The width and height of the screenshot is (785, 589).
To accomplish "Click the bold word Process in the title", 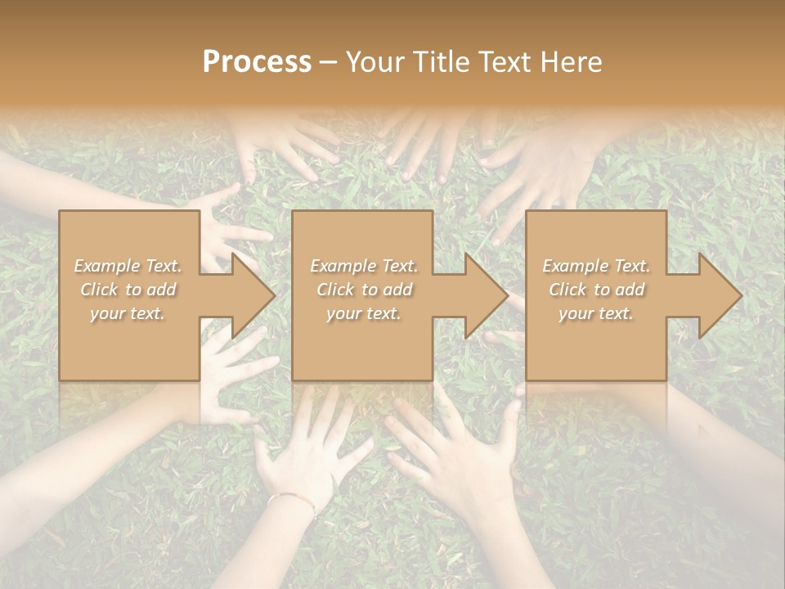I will [257, 62].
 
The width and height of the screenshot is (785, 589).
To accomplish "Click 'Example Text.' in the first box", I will [128, 266].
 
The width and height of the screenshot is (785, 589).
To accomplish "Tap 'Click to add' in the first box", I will [128, 290].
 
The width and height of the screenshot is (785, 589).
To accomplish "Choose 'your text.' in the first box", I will [128, 313].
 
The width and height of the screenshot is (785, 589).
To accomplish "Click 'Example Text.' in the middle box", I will [364, 266].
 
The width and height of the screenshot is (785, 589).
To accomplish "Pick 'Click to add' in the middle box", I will [364, 290].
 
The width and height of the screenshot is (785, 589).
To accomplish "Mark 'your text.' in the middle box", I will [364, 313].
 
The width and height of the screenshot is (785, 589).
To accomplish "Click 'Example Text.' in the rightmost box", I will [596, 266].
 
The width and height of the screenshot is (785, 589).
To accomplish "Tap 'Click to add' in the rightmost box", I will [596, 290].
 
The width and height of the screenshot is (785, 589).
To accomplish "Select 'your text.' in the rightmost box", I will [596, 313].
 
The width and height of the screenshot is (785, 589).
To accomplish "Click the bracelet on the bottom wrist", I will [293, 499].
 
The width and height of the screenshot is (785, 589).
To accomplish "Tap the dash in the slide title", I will [328, 63].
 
